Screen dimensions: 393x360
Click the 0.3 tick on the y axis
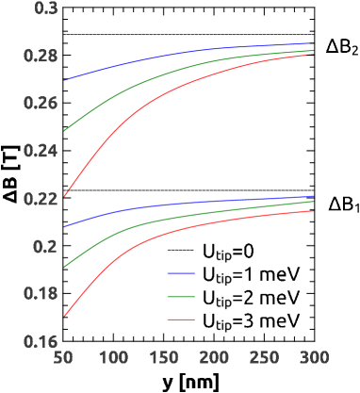pyautogui.click(x=45, y=8)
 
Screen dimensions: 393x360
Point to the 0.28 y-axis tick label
pyautogui.click(x=41, y=56)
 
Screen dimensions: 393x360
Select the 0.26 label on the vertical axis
pyautogui.click(x=41, y=104)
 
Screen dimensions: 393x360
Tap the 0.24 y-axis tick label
pyautogui.click(x=41, y=151)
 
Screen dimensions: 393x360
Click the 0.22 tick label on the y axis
pyautogui.click(x=41, y=199)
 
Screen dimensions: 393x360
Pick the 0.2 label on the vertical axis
pyautogui.click(x=45, y=246)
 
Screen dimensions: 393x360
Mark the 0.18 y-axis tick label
pyautogui.click(x=41, y=293)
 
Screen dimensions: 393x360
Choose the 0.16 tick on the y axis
pyautogui.click(x=41, y=341)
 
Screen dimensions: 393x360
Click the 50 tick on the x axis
pyautogui.click(x=63, y=358)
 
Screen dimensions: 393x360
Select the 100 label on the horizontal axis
pyautogui.click(x=113, y=358)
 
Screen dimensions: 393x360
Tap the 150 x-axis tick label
pyautogui.click(x=163, y=358)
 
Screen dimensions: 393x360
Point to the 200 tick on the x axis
pyautogui.click(x=213, y=358)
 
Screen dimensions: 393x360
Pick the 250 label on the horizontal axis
pyautogui.click(x=263, y=358)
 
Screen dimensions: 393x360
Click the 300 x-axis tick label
pyautogui.click(x=313, y=358)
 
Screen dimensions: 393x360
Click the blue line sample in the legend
pyautogui.click(x=181, y=273)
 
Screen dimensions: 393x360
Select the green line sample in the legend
pyautogui.click(x=181, y=297)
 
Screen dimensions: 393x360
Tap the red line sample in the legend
pyautogui.click(x=181, y=319)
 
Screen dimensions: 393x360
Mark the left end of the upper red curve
pyautogui.click(x=64, y=196)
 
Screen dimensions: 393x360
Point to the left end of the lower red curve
pyautogui.click(x=64, y=316)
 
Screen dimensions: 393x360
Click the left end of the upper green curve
pyautogui.click(x=64, y=131)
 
